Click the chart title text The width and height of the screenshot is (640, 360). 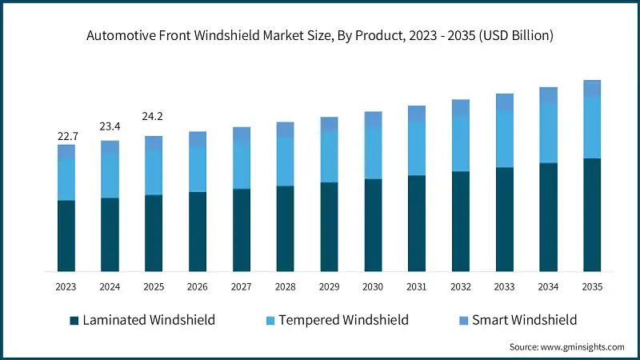tap(320, 35)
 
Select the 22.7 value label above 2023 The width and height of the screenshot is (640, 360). tap(67, 137)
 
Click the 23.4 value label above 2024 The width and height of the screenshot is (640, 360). tap(110, 126)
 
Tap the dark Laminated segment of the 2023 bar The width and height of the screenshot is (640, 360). tap(66, 236)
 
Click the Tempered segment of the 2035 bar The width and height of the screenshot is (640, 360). tap(592, 127)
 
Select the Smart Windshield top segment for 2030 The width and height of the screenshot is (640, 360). tap(373, 119)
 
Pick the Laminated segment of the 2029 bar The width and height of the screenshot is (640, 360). tap(329, 226)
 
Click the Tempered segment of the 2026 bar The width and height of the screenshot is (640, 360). tap(198, 169)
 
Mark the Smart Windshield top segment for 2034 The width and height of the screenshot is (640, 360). tap(548, 96)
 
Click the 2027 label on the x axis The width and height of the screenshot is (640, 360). tap(242, 286)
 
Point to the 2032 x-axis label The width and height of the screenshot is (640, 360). tap(461, 286)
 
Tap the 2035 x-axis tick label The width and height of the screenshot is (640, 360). tap(592, 286)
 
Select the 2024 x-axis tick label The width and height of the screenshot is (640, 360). tap(110, 286)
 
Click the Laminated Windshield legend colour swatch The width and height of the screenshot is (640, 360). tap(74, 320)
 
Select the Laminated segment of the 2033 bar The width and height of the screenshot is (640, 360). tap(504, 219)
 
